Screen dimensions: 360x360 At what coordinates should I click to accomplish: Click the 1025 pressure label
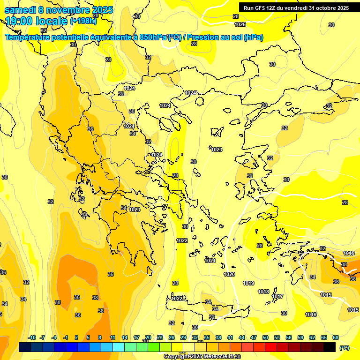pyautogui.click(x=240, y=24)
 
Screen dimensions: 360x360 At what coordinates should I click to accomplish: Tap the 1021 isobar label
pyautogui.click(x=210, y=261)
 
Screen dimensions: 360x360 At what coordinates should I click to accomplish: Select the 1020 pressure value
pyautogui.click(x=229, y=274)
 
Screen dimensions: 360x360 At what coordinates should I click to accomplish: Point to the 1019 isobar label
pyautogui.click(x=248, y=283)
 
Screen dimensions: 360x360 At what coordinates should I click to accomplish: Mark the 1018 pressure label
pyautogui.click(x=263, y=292)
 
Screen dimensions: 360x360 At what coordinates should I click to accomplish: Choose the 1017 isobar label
pyautogui.click(x=277, y=296)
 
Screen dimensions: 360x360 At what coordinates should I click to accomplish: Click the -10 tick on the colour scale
pyautogui.click(x=32, y=337)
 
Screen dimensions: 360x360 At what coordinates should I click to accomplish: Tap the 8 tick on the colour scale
pyautogui.click(x=100, y=337)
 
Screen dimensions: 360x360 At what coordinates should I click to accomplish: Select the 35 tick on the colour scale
pyautogui.click(x=207, y=337)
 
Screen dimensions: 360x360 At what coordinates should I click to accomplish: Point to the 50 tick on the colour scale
pyautogui.click(x=265, y=337)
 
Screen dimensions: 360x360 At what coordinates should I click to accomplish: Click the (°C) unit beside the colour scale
pyautogui.click(x=344, y=348)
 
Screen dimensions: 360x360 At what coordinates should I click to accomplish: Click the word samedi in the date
pyautogui.click(x=21, y=10)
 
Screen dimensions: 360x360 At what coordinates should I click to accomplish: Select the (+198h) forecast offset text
pyautogui.click(x=83, y=21)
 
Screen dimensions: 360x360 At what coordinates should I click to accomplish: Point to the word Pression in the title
pyautogui.click(x=205, y=37)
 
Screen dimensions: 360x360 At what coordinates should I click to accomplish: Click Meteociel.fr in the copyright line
pyautogui.click(x=214, y=357)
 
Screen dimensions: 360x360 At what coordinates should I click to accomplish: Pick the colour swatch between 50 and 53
pyautogui.click(x=271, y=347)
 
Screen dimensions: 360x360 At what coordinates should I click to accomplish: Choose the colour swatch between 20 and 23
pyautogui.click(x=154, y=347)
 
